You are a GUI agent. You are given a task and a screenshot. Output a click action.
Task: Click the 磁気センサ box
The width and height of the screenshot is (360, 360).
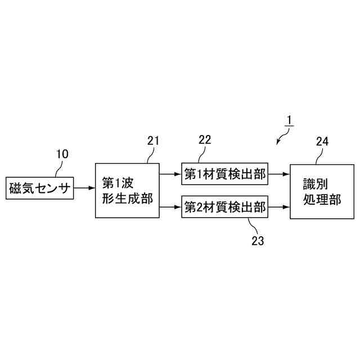click(x=40, y=189)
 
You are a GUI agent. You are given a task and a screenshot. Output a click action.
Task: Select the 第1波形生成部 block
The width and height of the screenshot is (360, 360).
click(x=127, y=191)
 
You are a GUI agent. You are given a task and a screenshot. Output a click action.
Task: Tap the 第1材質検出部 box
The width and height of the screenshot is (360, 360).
click(x=224, y=174)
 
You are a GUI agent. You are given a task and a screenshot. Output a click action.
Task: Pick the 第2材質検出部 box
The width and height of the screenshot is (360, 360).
click(x=224, y=208)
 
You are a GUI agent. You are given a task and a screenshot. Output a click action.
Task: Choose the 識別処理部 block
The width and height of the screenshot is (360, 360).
click(x=318, y=191)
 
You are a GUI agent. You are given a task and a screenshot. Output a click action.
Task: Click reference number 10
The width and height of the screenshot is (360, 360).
click(x=63, y=154)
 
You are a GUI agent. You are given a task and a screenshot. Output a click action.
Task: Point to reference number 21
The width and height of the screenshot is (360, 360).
click(x=153, y=141)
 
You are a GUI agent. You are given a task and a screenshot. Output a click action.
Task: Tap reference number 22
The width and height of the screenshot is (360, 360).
click(x=205, y=140)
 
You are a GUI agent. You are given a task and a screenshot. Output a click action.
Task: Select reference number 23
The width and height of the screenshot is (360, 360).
click(x=258, y=240)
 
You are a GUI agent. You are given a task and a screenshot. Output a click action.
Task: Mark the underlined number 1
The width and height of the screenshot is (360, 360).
click(x=288, y=120)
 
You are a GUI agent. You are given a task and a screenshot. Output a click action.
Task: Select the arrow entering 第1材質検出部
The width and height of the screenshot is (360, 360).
click(x=170, y=174)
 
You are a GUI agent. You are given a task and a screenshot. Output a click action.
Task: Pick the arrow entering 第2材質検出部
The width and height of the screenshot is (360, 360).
click(x=170, y=208)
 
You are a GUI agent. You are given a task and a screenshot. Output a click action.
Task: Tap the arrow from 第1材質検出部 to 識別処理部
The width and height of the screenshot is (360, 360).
click(x=278, y=174)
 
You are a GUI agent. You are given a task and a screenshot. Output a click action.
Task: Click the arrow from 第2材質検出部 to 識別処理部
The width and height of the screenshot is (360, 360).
click(x=278, y=208)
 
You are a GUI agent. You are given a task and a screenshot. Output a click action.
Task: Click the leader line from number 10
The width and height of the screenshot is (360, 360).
click(x=57, y=168)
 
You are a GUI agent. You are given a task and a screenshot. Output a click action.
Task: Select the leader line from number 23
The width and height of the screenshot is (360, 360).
click(x=249, y=225)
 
